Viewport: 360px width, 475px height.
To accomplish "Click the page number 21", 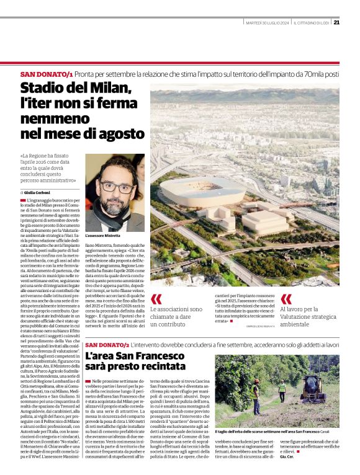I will coord(336,23).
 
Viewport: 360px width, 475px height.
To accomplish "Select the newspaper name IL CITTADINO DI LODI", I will coord(310,24).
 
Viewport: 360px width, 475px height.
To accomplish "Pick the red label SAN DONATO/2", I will coord(107,345).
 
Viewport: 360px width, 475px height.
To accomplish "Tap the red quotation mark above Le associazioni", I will coord(155,299).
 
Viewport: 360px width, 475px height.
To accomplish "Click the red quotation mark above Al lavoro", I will coord(286,298).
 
